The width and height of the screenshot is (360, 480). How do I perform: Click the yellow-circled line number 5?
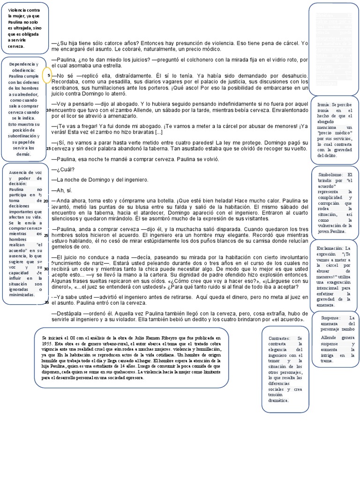pos(49,75)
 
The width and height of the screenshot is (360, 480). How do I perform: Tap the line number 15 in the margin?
pos(49,148)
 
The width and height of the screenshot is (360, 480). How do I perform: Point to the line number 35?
pos(46,302)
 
